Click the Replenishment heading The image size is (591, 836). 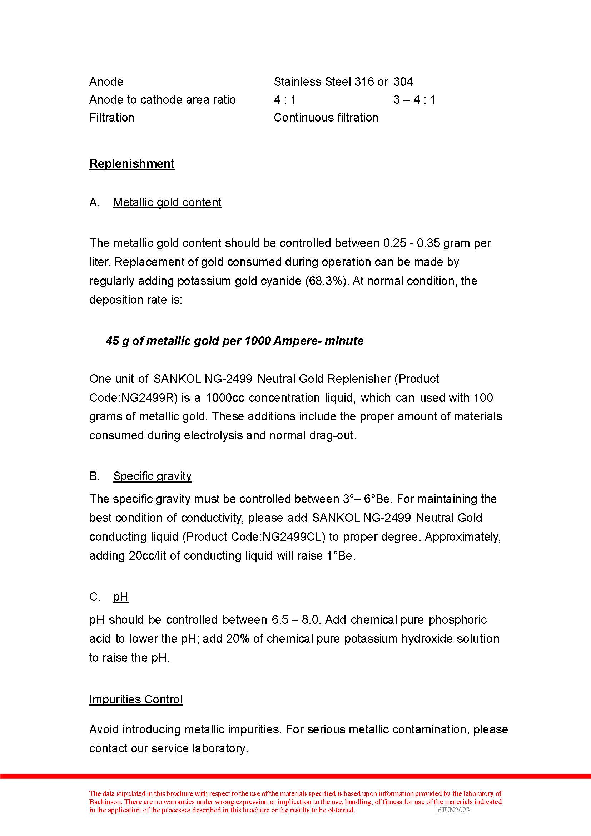[x=132, y=164]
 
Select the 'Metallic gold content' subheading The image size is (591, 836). [x=167, y=202]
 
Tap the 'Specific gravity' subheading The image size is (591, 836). [x=152, y=476]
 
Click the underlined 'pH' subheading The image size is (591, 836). [x=120, y=597]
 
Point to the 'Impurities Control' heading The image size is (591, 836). [x=136, y=699]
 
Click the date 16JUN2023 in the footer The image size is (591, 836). [x=452, y=810]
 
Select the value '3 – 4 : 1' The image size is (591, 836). [x=414, y=99]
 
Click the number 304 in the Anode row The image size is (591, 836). [x=403, y=81]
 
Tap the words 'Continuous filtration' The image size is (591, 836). [x=326, y=118]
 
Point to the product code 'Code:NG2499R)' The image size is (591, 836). [x=133, y=397]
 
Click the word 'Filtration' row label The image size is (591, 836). [x=112, y=118]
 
